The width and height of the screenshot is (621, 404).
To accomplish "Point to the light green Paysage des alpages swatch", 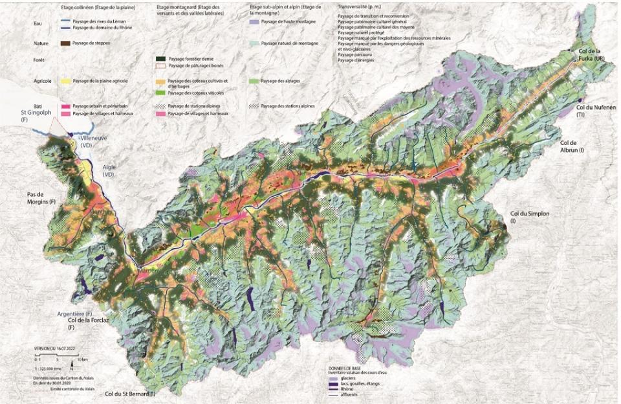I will click(254, 82).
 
